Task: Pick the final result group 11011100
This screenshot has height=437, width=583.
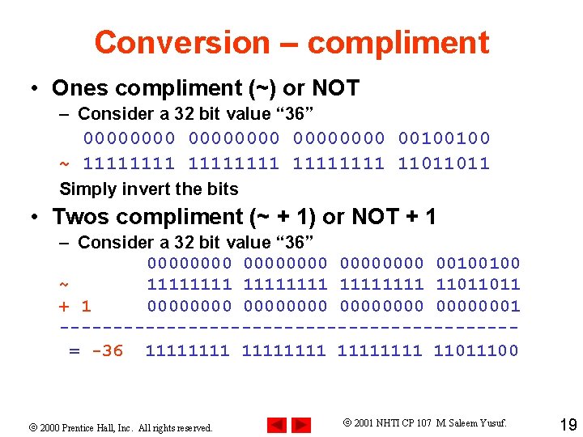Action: pos(476,350)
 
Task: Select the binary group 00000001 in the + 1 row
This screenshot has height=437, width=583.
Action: pos(478,306)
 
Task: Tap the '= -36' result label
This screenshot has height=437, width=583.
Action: pos(96,350)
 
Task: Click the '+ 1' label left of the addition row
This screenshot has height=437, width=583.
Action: pos(74,306)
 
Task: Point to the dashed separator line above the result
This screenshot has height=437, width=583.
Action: pos(288,328)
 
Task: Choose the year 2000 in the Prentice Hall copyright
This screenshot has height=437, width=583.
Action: pos(50,427)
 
